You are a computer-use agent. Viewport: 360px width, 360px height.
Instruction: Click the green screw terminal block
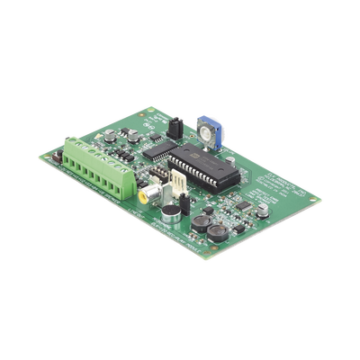[93, 166]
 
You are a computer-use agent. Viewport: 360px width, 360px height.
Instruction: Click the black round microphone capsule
[168, 211]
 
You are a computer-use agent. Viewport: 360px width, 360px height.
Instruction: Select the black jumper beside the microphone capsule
[185, 203]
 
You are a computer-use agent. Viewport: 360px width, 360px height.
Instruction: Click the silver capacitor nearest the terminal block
[110, 137]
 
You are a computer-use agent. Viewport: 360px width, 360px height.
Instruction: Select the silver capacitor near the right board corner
[262, 210]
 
